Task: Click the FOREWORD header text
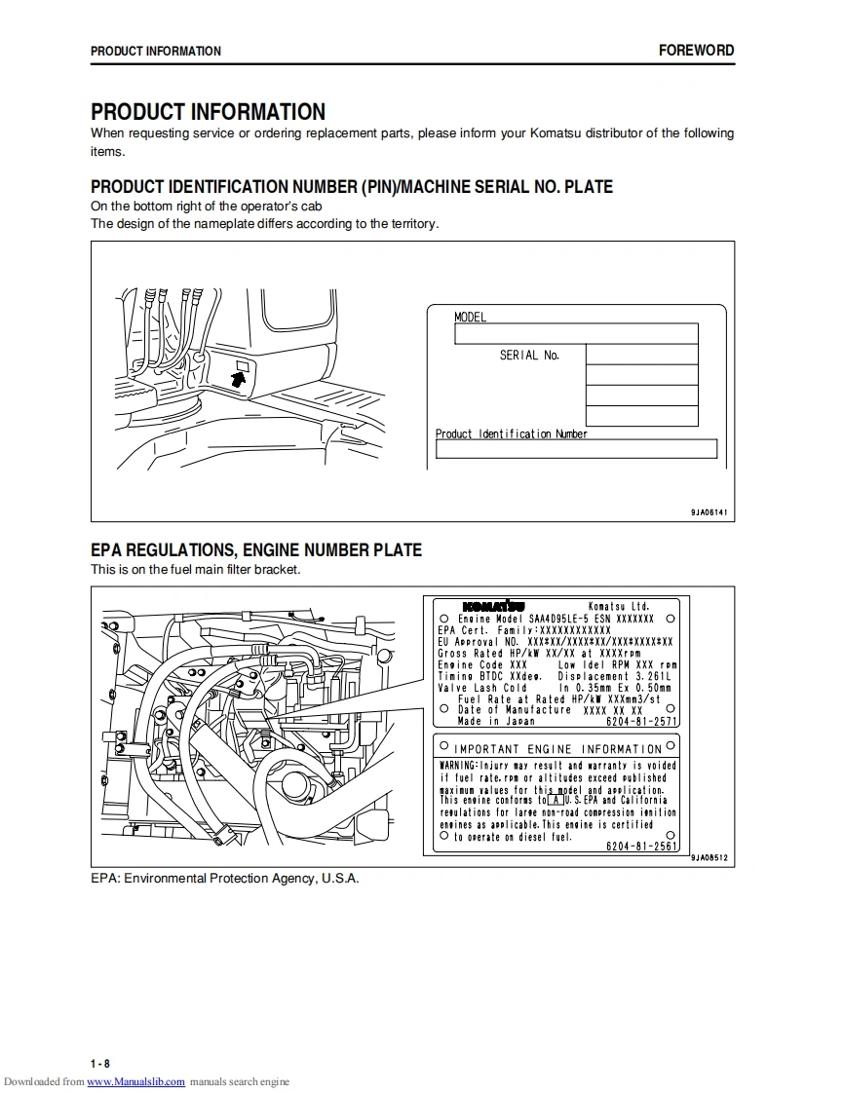[x=696, y=51]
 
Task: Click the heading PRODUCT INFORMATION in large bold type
[x=208, y=112]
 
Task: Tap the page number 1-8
[x=100, y=1063]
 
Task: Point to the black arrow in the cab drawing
[x=238, y=378]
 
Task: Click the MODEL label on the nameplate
[x=470, y=317]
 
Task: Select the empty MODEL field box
[x=576, y=334]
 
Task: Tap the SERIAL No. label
[x=529, y=356]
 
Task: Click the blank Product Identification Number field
[x=576, y=449]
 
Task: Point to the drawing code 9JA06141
[x=709, y=512]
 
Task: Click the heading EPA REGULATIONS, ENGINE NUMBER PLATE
[x=256, y=550]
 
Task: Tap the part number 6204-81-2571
[x=641, y=722]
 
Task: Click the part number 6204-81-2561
[x=641, y=847]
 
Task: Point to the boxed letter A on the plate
[x=555, y=800]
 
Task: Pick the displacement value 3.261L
[x=654, y=676]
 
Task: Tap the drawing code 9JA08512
[x=710, y=858]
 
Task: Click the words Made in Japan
[x=496, y=722]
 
